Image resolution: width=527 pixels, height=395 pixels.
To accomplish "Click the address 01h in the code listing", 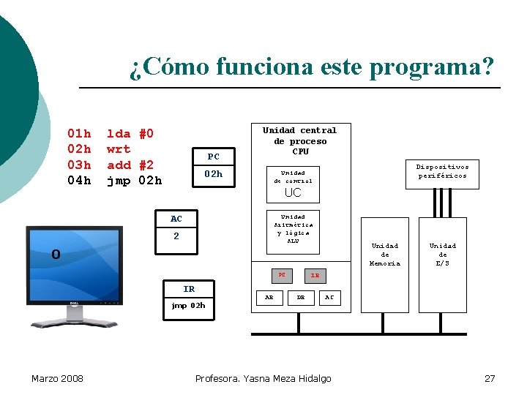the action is [x=79, y=134].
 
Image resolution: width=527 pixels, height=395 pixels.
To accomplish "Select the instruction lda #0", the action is [x=130, y=134].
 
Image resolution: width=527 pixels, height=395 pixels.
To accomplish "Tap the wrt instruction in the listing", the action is [x=118, y=149].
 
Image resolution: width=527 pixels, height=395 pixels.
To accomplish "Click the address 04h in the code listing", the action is [x=79, y=180].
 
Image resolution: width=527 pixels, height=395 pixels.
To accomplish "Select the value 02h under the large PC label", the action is [x=213, y=174].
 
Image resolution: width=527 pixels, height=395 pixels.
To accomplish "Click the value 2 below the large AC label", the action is [x=176, y=236].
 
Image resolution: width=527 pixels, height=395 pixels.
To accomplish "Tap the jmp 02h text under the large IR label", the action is [x=188, y=305].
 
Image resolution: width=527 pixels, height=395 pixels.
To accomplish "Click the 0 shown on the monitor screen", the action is [x=56, y=255].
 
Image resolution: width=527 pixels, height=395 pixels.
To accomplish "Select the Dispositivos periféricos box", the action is [x=443, y=171].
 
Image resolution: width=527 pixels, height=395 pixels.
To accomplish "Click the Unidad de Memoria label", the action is [x=385, y=255].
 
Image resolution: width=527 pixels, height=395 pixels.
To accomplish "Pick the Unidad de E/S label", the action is [x=442, y=255].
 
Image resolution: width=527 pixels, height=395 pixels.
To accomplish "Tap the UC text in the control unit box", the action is [x=293, y=193].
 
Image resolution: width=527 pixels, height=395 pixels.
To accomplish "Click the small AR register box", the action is [x=269, y=298].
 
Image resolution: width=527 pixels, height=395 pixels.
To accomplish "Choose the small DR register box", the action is [x=300, y=298].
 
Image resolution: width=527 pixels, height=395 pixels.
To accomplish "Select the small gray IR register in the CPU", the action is [x=315, y=276].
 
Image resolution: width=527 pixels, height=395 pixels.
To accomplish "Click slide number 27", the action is [x=490, y=378].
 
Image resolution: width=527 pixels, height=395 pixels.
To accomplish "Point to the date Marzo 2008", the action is [x=57, y=378].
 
